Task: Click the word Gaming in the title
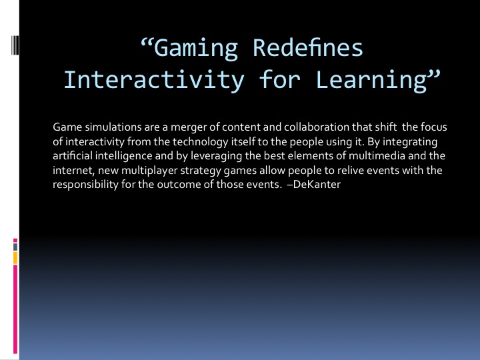click(x=196, y=49)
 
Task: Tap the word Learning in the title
click(x=371, y=80)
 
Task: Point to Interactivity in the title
click(x=154, y=79)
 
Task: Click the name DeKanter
click(x=317, y=184)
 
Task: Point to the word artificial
click(x=73, y=155)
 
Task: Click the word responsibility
click(x=85, y=185)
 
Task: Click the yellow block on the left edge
click(x=15, y=258)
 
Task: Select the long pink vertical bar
click(x=15, y=309)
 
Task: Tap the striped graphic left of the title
click(x=15, y=45)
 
